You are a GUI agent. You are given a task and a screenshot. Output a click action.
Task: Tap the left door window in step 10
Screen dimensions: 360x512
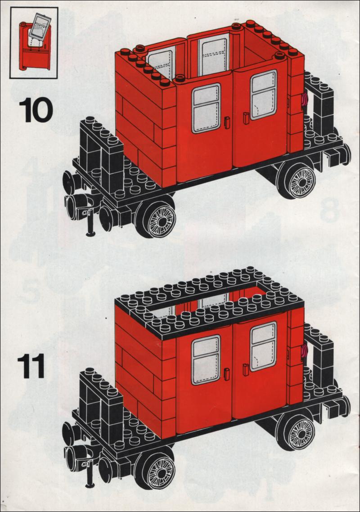[x=206, y=108]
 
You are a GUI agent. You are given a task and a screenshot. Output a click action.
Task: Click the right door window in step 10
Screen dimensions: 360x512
[x=264, y=94]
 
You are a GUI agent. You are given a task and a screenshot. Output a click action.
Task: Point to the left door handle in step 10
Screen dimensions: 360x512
[x=227, y=122]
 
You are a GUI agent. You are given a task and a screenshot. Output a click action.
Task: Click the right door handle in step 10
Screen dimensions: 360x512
[x=246, y=118]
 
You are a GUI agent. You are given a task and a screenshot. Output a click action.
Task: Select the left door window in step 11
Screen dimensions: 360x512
[x=206, y=360]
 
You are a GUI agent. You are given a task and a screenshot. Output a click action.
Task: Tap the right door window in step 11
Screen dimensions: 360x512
[x=263, y=346]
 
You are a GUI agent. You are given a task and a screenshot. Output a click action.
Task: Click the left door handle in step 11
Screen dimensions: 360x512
[x=227, y=374]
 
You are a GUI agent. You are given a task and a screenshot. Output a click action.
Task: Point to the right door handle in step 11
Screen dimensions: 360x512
[x=246, y=370]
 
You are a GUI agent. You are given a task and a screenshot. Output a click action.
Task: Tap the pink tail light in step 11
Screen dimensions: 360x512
[x=305, y=350]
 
